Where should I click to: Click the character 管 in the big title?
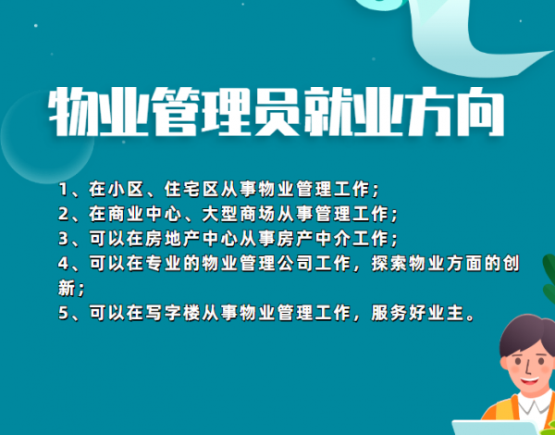pos(175,112)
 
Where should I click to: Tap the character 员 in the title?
pos(277,112)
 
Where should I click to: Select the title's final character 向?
pos(480,112)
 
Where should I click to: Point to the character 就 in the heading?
pos(327,112)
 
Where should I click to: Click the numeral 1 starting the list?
pos(63,190)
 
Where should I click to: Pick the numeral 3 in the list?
pos(63,239)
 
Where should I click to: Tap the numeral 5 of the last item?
pos(63,314)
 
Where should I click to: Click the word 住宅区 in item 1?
pos(191,190)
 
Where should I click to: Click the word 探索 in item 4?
pos(388,264)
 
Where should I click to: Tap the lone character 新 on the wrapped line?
pos(67,289)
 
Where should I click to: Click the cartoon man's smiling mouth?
pos(529,381)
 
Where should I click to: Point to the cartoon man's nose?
pos(527,367)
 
